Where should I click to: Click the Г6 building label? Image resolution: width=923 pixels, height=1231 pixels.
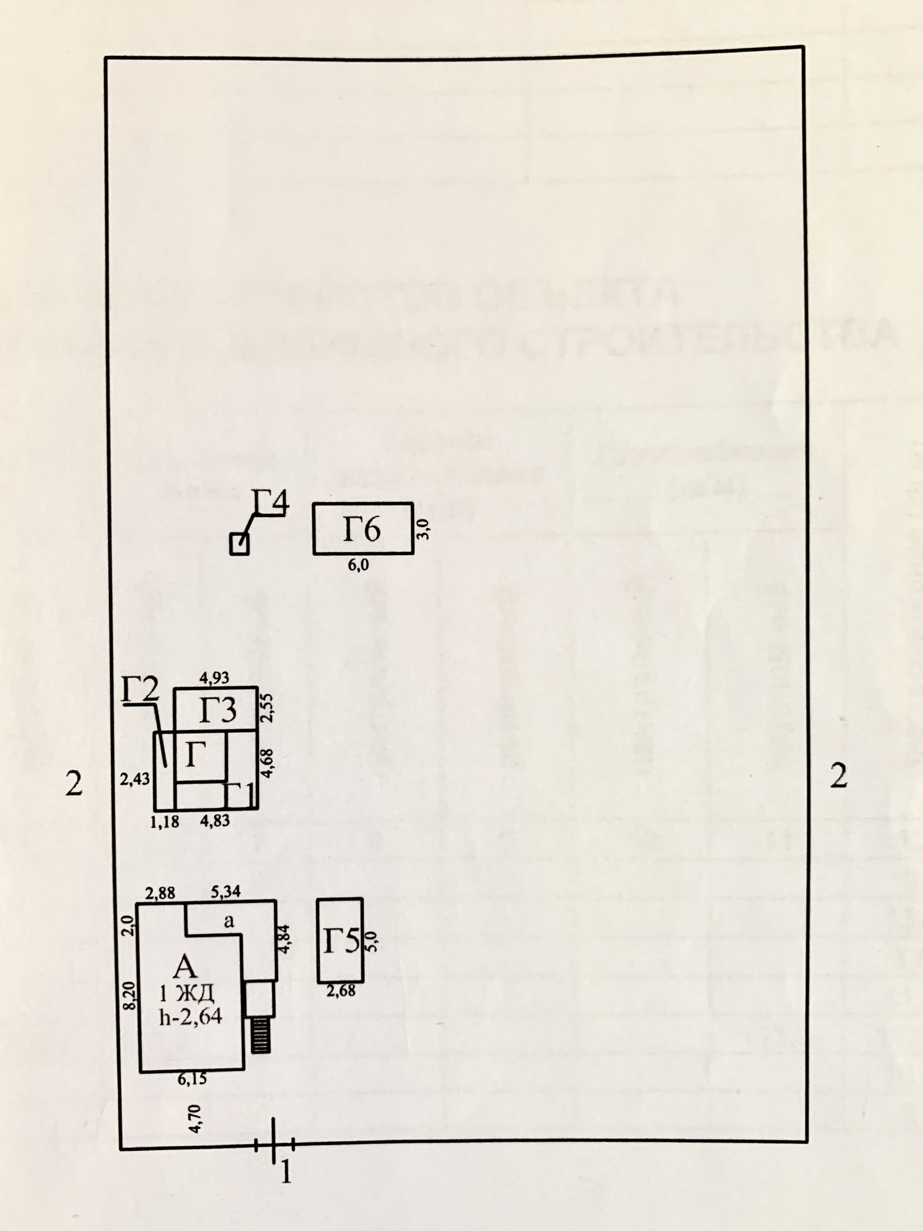[x=362, y=529]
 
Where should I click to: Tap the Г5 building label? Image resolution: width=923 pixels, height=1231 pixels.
[x=341, y=941]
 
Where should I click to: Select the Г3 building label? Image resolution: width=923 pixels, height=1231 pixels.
[x=218, y=711]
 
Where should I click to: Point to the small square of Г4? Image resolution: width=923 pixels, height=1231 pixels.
[x=239, y=544]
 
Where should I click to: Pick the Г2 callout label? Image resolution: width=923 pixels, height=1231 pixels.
[x=140, y=692]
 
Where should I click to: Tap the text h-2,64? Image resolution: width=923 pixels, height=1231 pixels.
[x=190, y=1016]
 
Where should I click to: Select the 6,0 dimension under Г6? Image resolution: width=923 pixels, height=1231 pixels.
[x=358, y=565]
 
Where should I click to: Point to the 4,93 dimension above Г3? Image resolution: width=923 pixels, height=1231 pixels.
[x=214, y=678]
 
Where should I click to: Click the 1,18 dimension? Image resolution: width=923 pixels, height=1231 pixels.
[x=165, y=821]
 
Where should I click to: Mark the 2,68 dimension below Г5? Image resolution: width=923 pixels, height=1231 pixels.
[x=341, y=990]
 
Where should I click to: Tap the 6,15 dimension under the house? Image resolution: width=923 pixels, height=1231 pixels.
[x=192, y=1079]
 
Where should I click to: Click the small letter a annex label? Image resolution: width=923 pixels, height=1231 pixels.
[x=229, y=921]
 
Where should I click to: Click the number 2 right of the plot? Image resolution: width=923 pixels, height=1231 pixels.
[x=838, y=776]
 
